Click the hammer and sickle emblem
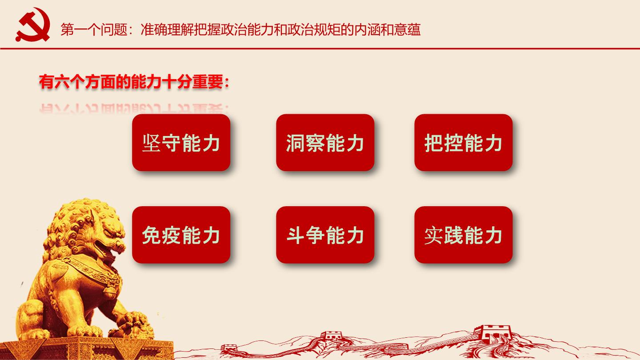tap(33, 25)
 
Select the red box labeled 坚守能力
tap(181, 143)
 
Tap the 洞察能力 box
tap(325, 143)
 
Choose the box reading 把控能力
tap(464, 143)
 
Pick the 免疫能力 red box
tap(181, 235)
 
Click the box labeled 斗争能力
tap(325, 235)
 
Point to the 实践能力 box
tap(464, 235)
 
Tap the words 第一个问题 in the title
tap(94, 30)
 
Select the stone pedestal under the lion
tap(86, 348)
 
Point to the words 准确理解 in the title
tap(167, 30)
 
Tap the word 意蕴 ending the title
tap(408, 30)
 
